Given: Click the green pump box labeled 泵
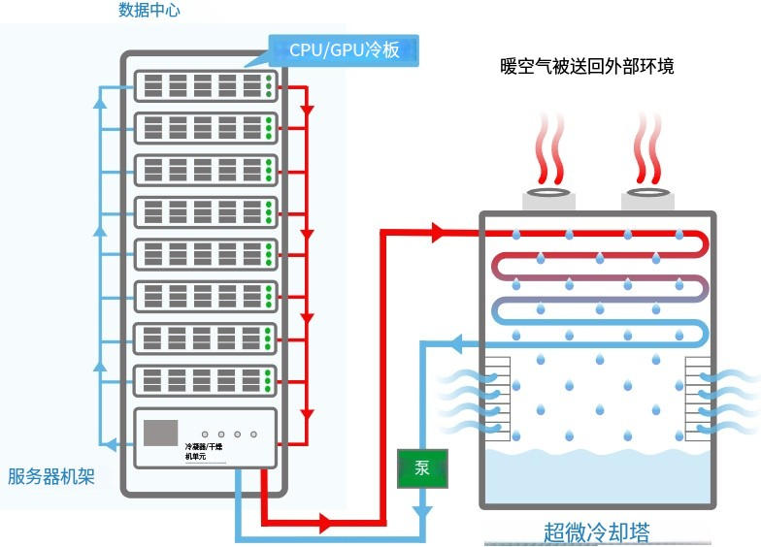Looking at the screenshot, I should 422,468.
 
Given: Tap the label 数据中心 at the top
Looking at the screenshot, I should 149,11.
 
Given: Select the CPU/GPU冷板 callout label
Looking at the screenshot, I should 344,49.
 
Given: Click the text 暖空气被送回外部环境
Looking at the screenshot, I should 587,67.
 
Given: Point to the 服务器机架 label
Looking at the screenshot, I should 51,476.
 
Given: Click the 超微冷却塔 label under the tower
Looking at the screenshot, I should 596,531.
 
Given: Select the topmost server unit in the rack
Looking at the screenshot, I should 204,85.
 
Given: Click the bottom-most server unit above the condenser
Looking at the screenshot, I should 204,379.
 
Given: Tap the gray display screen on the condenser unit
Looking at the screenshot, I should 161,433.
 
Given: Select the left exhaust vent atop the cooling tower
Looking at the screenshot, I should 549,199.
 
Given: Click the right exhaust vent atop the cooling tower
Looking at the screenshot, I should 648,199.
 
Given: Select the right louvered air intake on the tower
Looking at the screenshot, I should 699,398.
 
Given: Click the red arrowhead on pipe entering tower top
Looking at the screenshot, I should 437,233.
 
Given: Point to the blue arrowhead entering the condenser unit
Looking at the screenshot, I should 112,445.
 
